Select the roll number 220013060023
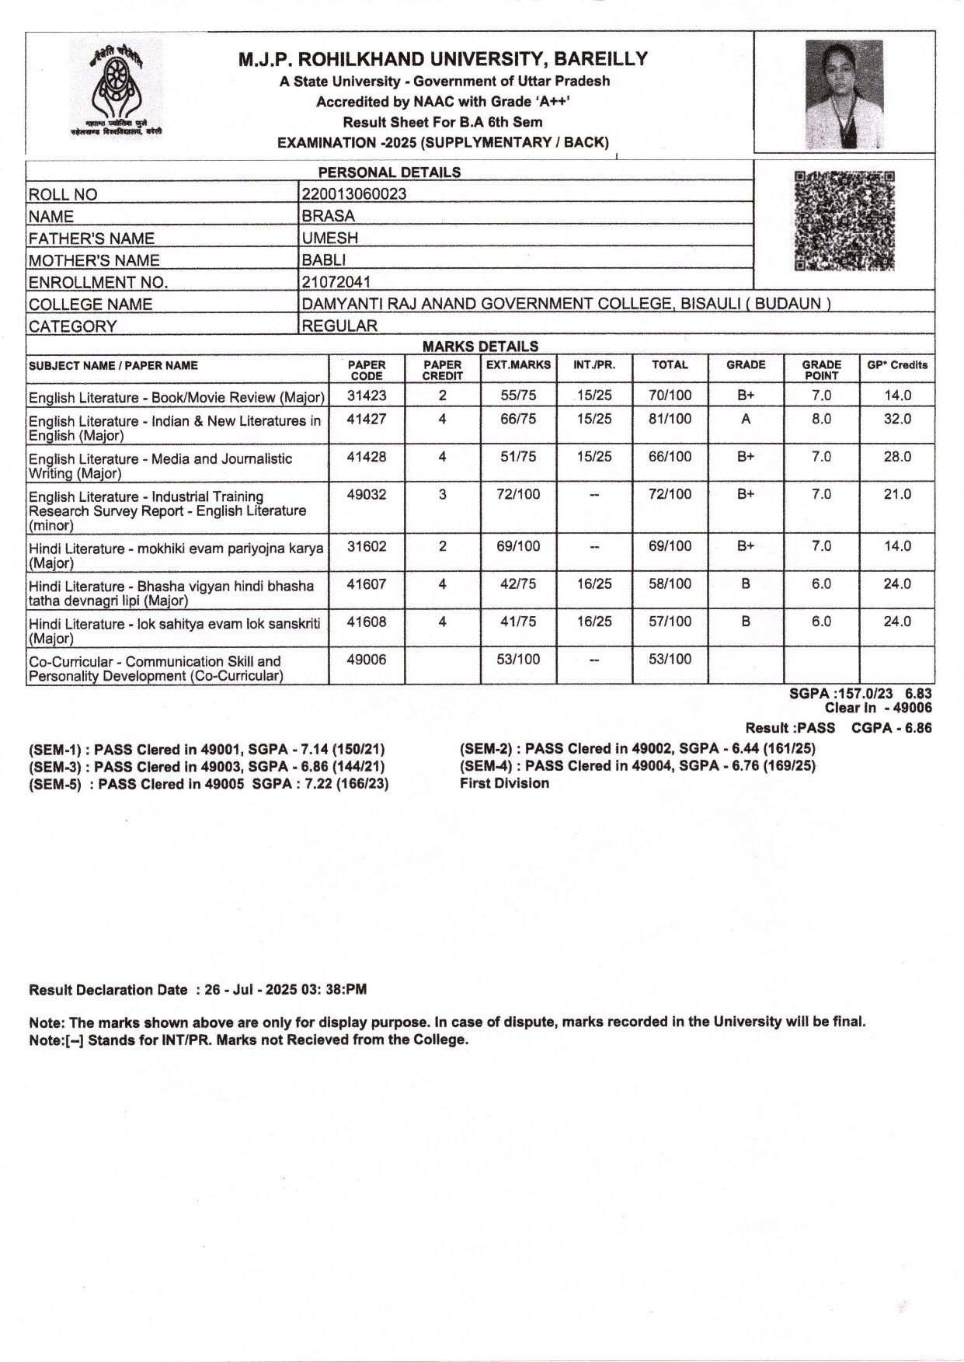[x=353, y=194]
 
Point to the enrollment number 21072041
[x=336, y=282]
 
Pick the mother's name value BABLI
[x=324, y=260]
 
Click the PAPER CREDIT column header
[x=442, y=370]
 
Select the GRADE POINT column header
[x=821, y=370]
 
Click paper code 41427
[x=366, y=419]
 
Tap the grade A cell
[x=746, y=419]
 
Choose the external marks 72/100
[x=518, y=494]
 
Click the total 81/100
[x=670, y=419]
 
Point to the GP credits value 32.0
[x=897, y=419]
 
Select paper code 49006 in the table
[x=366, y=660]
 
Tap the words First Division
[x=504, y=783]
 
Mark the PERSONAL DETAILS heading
[x=389, y=172]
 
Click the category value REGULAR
[x=339, y=326]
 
